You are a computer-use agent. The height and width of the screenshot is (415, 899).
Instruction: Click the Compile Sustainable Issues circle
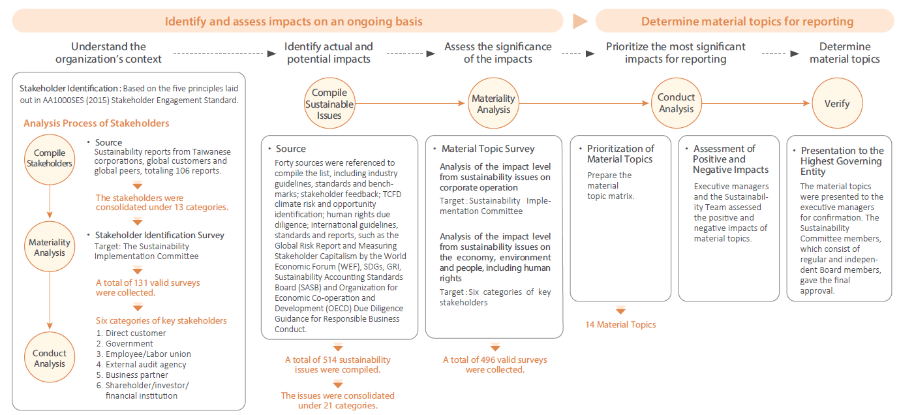[329, 104]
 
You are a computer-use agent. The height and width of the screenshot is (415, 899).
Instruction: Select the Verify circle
[836, 103]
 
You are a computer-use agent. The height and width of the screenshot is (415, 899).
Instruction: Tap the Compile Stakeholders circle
[50, 159]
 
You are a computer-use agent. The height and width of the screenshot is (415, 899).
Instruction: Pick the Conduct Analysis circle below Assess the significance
[676, 103]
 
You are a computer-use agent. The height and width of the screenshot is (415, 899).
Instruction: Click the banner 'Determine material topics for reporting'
[747, 22]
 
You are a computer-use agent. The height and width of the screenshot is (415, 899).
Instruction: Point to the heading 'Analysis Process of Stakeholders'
[97, 123]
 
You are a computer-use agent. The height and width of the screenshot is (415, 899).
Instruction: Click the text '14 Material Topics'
[620, 324]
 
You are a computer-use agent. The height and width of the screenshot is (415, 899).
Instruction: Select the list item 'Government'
[129, 344]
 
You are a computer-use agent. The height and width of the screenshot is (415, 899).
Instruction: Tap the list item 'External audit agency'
[145, 365]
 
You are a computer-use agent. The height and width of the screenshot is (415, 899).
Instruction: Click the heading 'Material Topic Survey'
[488, 149]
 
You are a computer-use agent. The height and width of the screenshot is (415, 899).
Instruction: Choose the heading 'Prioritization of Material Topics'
[620, 154]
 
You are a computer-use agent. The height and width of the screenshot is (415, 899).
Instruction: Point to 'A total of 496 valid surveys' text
[495, 360]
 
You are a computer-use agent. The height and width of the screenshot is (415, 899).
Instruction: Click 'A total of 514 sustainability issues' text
[338, 360]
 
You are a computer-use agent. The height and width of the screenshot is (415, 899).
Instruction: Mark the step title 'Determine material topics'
[845, 53]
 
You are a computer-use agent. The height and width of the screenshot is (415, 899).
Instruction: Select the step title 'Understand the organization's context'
[108, 53]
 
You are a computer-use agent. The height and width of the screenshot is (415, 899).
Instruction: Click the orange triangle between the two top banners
[580, 22]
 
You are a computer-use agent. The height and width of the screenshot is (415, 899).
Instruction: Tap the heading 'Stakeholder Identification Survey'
[159, 236]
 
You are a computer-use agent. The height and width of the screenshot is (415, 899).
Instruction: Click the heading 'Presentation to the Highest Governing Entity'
[842, 161]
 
